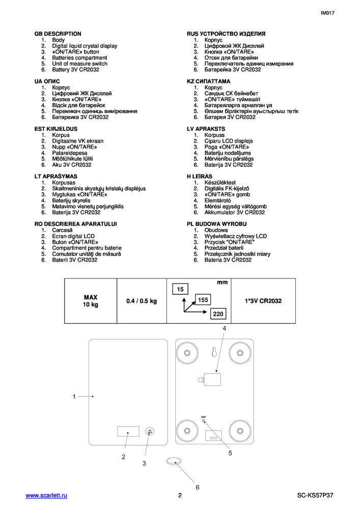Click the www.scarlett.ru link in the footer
46,495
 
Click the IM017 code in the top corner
328,14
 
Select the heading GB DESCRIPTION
58,34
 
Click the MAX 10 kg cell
91,300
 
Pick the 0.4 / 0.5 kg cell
142,301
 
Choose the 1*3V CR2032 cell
263,301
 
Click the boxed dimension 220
218,314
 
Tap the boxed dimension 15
180,290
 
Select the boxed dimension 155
203,300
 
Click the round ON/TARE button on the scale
150,432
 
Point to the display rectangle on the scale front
127,432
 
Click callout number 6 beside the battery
198,487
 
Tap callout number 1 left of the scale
74,397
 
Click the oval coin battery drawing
174,462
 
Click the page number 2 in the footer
180,495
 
